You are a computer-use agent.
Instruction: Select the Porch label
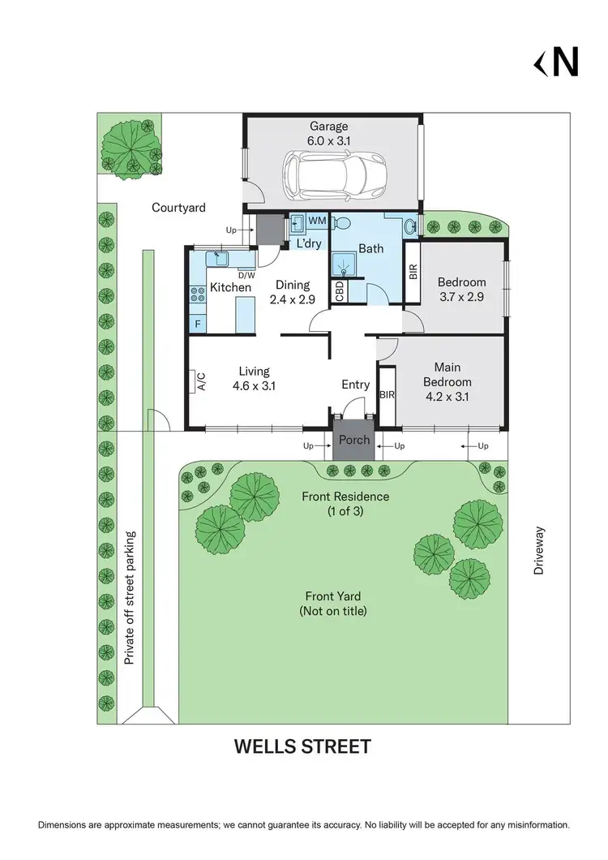353,440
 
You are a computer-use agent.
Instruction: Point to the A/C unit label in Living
199,382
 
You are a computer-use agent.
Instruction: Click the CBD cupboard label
340,291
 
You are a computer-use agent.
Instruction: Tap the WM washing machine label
317,221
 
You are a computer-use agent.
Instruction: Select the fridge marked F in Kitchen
197,324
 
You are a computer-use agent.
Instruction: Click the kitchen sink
218,259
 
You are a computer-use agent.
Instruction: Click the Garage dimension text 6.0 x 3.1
328,140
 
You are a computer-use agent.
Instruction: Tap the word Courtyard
178,208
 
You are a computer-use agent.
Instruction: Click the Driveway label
539,551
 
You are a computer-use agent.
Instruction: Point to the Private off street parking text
130,598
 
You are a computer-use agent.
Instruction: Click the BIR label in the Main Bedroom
387,394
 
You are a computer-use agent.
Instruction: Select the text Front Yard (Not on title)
332,603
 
